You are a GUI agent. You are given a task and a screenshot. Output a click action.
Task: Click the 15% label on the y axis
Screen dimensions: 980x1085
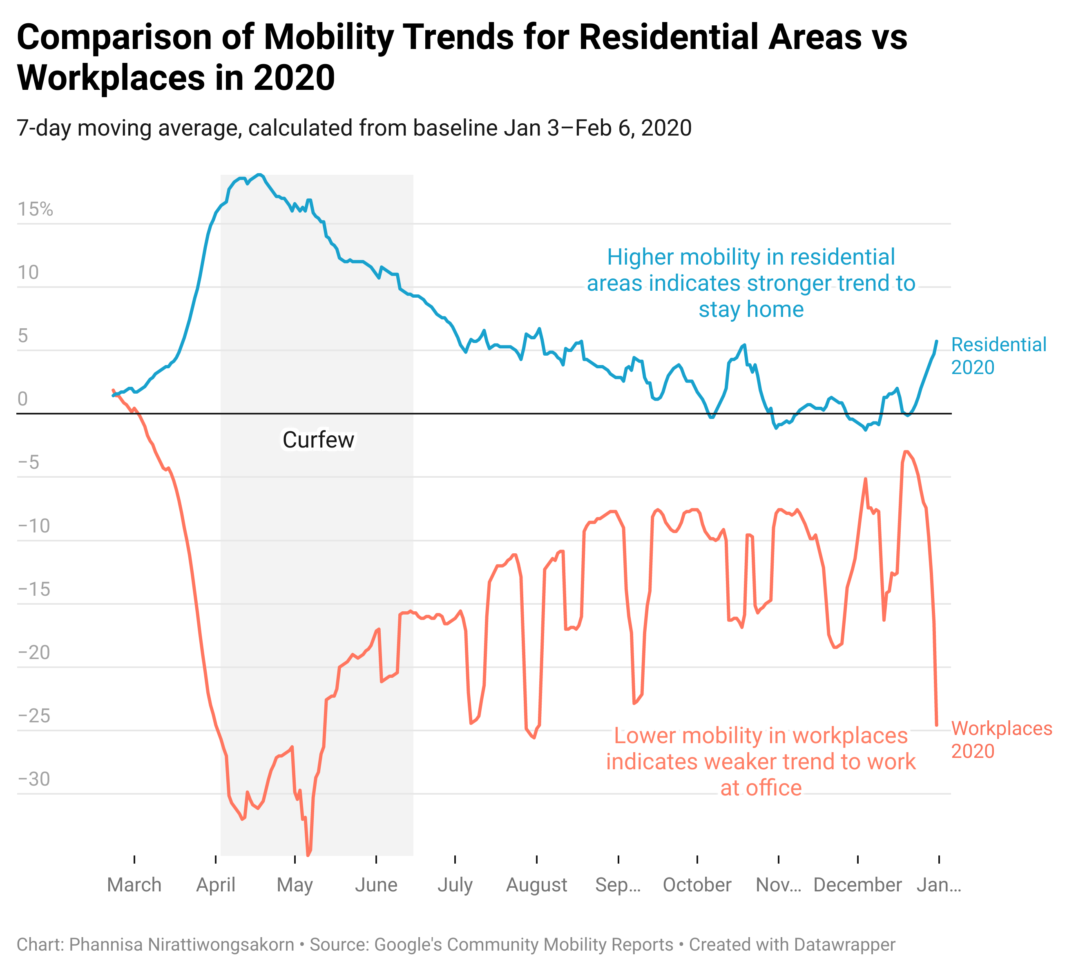click(35, 209)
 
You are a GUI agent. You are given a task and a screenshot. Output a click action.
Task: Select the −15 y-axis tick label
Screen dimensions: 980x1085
click(34, 589)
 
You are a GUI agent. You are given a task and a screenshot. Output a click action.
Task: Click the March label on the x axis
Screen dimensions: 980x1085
click(134, 885)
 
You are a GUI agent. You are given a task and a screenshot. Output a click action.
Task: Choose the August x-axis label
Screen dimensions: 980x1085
click(537, 885)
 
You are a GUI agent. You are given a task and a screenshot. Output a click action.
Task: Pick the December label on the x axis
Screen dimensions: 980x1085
click(857, 885)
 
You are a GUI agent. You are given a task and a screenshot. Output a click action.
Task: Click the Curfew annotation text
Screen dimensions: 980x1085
click(318, 440)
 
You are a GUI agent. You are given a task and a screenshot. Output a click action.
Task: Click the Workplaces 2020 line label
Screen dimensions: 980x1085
click(1001, 739)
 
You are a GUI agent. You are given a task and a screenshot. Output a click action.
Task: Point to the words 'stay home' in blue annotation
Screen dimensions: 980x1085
click(751, 309)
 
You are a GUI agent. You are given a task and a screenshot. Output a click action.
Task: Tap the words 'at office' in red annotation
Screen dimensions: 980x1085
click(761, 788)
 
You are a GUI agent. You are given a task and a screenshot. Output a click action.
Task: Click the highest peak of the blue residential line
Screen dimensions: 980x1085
click(259, 174)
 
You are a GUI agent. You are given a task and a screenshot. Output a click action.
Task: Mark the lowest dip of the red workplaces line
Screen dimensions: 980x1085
click(308, 855)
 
